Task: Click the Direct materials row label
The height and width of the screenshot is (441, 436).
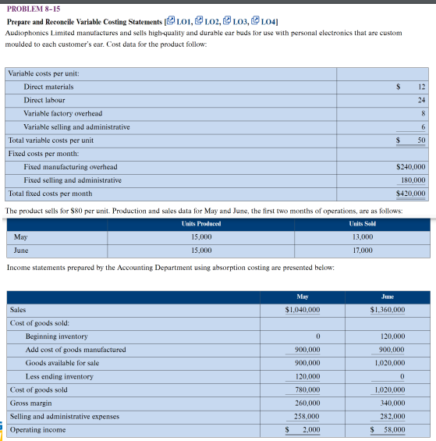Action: coord(48,87)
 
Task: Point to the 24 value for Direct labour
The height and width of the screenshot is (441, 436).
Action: coord(421,100)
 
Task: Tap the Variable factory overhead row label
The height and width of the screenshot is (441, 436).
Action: coord(63,113)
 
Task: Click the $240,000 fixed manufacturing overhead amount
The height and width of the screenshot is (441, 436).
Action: coord(411,167)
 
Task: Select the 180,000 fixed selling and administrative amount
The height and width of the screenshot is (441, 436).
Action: coord(413,180)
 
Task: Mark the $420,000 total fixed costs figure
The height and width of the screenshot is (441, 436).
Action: coord(411,194)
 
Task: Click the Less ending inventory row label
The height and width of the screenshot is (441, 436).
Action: coord(59,376)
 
